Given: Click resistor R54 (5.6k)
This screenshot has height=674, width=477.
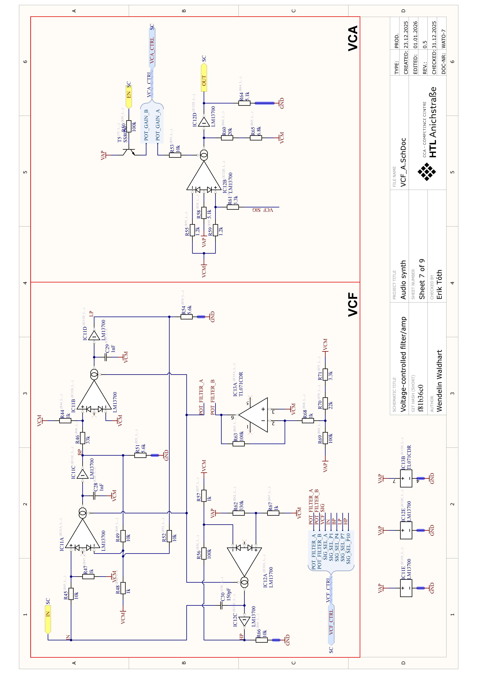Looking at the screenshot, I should [186, 317].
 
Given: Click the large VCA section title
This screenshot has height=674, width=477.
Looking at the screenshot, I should [353, 38].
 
